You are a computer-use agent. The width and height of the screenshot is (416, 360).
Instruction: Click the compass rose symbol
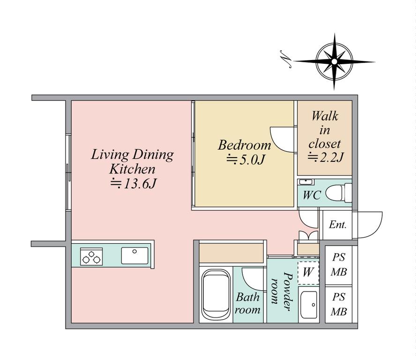point(334,61)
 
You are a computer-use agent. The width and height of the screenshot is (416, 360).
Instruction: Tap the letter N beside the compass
point(286,59)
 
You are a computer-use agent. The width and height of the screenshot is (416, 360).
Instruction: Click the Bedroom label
point(245,145)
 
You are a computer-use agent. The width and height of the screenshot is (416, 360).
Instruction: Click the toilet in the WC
point(338,193)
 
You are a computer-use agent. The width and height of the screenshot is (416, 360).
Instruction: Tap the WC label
point(312,195)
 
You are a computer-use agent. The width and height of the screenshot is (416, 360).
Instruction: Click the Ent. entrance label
point(338,225)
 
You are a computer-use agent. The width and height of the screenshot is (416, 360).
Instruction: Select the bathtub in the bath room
point(215,294)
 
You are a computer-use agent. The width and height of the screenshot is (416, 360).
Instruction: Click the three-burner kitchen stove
point(91,256)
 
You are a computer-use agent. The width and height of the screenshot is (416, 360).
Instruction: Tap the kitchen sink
point(135,255)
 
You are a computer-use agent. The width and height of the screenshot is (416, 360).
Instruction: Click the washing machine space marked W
point(308,273)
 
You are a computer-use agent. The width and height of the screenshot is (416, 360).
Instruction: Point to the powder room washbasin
point(309,305)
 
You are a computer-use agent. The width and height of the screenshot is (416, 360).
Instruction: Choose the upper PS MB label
point(339,264)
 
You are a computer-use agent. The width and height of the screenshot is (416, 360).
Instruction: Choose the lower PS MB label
point(339,304)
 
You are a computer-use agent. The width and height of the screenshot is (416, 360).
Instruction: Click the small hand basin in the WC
point(306,182)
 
